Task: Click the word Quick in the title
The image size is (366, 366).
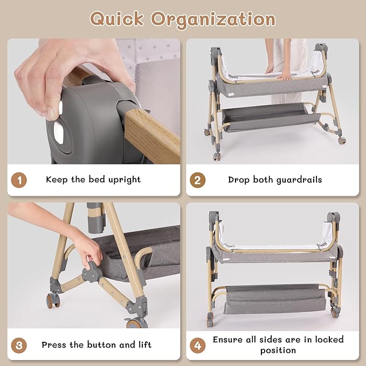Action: point(117,19)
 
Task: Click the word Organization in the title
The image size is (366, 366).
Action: point(213,20)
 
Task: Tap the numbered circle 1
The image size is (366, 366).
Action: point(19,180)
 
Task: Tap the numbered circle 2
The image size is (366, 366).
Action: point(197,180)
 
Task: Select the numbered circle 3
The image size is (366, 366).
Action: point(19,345)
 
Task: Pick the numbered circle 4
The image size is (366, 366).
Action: point(197,345)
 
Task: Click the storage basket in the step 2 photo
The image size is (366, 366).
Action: point(271,117)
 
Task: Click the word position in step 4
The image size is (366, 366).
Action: point(278,350)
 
